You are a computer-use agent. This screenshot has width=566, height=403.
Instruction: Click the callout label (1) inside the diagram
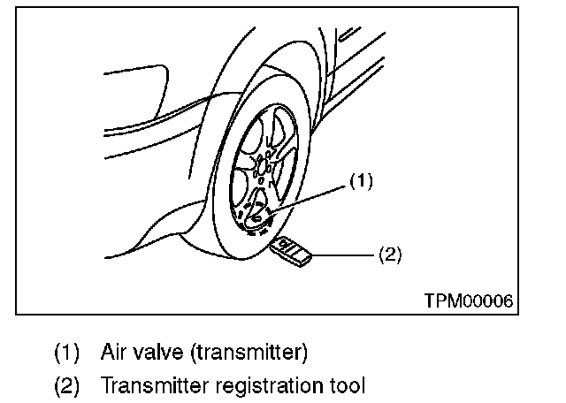click(x=362, y=182)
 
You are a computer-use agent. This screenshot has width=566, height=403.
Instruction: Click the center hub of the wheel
click(x=262, y=165)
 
